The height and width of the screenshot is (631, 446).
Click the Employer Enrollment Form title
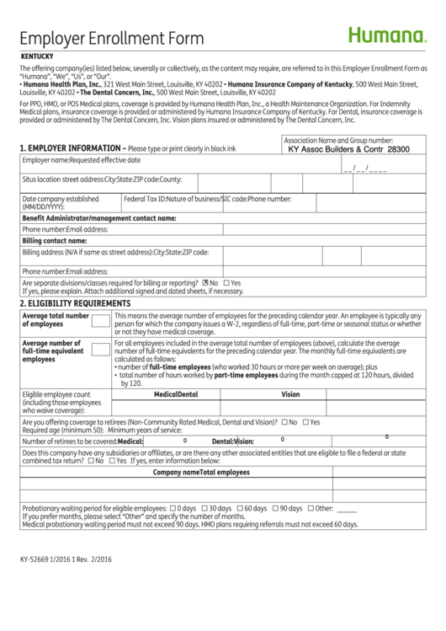[111, 39]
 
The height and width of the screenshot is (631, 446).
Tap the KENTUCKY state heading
[38, 56]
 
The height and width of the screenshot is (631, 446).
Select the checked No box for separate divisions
[205, 283]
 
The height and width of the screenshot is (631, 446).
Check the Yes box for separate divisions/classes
[226, 283]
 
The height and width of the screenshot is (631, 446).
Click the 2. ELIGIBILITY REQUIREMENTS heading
[75, 303]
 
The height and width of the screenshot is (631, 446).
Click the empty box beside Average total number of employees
[100, 320]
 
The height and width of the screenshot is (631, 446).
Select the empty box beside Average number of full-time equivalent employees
[100, 348]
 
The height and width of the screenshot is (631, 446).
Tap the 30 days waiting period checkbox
[204, 509]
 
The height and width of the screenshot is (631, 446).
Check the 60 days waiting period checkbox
[240, 509]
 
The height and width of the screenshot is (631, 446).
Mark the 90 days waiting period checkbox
[275, 509]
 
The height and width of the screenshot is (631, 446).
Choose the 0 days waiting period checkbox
[173, 509]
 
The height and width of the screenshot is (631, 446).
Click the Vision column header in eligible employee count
[290, 394]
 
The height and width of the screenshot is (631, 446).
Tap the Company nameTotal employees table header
[201, 473]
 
